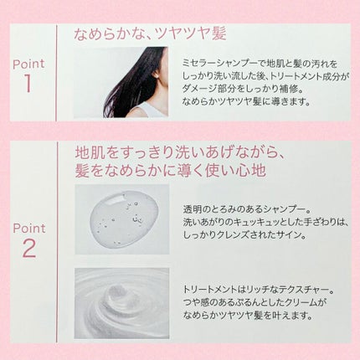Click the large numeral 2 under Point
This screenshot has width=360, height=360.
click(x=28, y=248)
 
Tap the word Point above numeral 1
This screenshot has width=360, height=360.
click(x=28, y=63)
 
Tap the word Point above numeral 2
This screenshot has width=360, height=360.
click(x=28, y=228)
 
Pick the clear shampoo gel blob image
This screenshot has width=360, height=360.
click(x=122, y=219)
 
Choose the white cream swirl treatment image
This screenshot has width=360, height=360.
click(x=122, y=302)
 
